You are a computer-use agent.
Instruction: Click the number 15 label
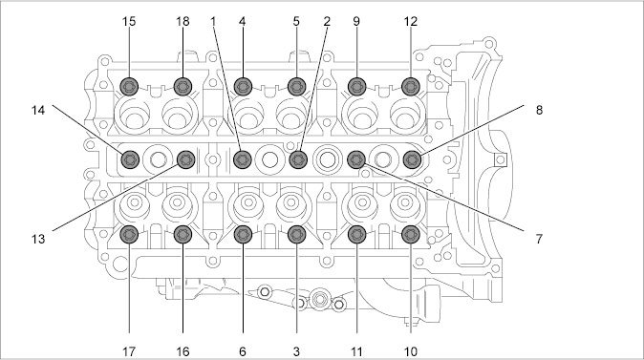[x=129, y=21]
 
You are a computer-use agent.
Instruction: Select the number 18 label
[x=182, y=21]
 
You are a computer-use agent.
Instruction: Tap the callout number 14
[x=38, y=110]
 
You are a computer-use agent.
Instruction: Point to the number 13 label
[x=38, y=239]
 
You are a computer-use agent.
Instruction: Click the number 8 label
[x=539, y=110]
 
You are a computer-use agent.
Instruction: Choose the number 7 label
[x=539, y=239]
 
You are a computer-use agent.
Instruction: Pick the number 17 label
[x=129, y=351]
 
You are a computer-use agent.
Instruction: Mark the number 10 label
[x=410, y=351]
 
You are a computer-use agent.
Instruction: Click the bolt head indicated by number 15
[x=129, y=87]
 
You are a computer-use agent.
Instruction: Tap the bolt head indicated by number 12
[x=410, y=87]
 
